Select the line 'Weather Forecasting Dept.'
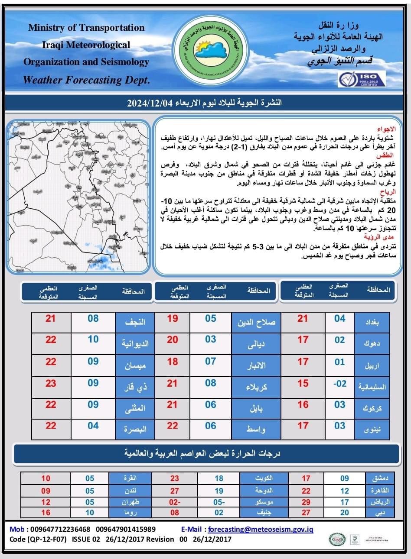pos(86,80)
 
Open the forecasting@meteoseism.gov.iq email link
pos(261,529)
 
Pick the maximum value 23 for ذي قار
pos(51,383)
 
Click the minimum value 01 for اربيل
pos(339,362)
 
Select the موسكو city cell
pos(264,503)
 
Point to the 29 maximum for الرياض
pos(306,502)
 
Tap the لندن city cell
pos(130,491)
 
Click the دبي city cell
pos(376,513)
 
